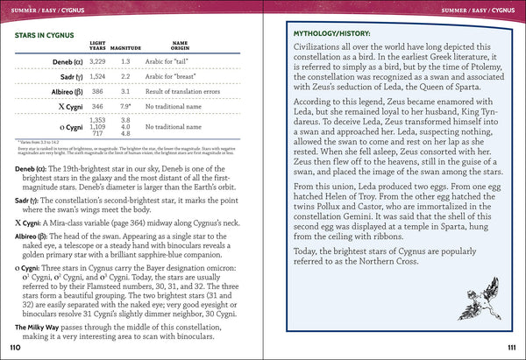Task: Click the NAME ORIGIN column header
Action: (x=180, y=46)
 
